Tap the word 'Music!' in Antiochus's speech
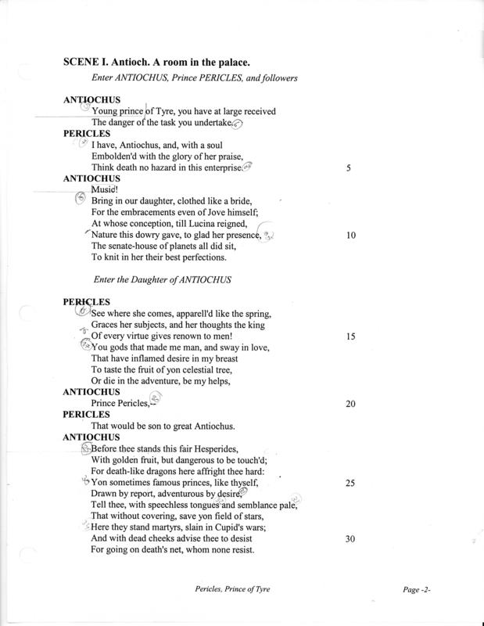pos(105,189)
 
